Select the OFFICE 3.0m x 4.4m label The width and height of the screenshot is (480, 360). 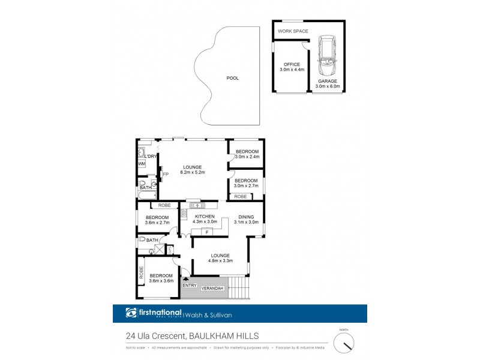point(291,67)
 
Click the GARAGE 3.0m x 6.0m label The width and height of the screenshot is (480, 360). point(328,83)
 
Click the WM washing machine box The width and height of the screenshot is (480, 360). point(142,163)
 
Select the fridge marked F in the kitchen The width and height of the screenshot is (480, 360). point(206,232)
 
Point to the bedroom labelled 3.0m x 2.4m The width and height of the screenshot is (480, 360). point(247,154)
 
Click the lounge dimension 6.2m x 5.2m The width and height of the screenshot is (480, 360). point(192,172)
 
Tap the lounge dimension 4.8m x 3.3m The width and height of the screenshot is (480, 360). point(220,261)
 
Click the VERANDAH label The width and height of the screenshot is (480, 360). point(212,289)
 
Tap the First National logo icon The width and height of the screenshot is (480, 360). point(131,313)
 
